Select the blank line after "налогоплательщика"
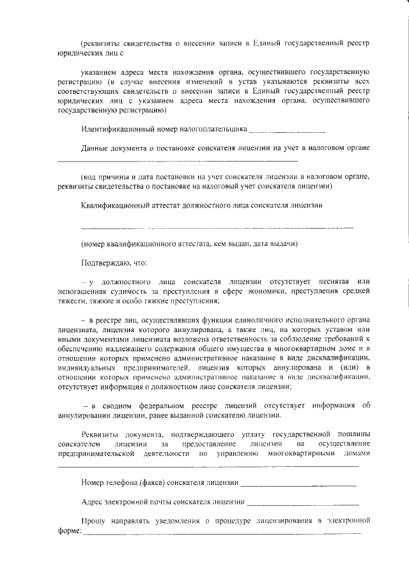point(281,131)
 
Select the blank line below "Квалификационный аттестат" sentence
point(217,227)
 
